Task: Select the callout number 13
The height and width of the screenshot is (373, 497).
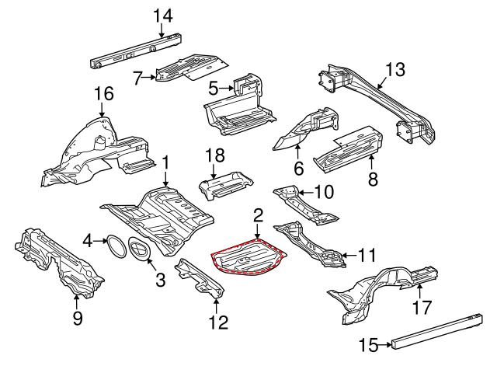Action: pyautogui.click(x=394, y=71)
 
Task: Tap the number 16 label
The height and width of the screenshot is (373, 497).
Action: pyautogui.click(x=103, y=94)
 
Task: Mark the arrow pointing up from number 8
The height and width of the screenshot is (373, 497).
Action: pyautogui.click(x=370, y=165)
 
